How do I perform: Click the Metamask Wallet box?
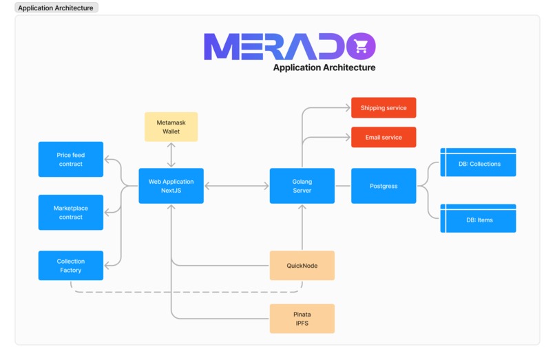click(x=171, y=127)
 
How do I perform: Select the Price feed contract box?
click(x=70, y=160)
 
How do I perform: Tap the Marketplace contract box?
click(x=70, y=213)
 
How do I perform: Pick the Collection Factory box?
click(x=70, y=266)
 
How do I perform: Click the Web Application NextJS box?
click(x=171, y=186)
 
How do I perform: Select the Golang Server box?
click(x=302, y=186)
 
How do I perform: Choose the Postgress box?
click(x=384, y=186)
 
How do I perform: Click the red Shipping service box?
click(x=384, y=108)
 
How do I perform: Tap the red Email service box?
click(x=384, y=137)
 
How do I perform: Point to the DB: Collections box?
click(x=478, y=164)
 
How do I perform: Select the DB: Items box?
click(x=478, y=219)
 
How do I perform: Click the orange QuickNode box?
click(x=302, y=266)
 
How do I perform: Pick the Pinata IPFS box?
click(x=302, y=319)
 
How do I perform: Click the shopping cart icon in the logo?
click(x=361, y=46)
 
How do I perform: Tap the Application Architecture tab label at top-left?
click(x=56, y=8)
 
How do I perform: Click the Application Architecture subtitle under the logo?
click(x=324, y=67)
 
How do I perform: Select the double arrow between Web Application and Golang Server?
click(x=236, y=186)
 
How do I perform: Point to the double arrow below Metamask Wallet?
click(x=171, y=155)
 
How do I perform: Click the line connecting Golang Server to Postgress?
click(x=343, y=186)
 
